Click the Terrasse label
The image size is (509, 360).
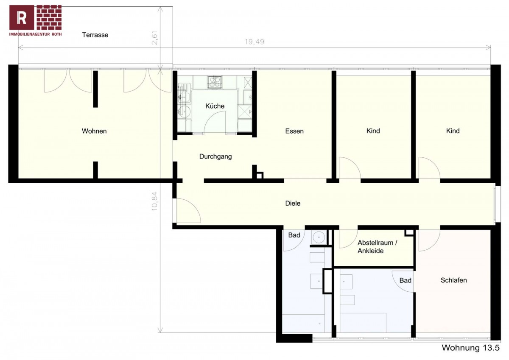point(95,35)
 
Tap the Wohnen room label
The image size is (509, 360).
point(94,131)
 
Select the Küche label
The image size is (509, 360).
point(215,106)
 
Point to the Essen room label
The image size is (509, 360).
point(294,131)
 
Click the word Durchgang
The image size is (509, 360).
point(215,157)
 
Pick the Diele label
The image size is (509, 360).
point(293,203)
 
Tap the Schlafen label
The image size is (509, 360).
point(453,280)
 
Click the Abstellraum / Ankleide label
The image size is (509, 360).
point(377,247)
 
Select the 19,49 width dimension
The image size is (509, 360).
point(254,42)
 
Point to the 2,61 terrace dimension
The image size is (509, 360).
point(154,38)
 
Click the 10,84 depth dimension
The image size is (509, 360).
point(154,201)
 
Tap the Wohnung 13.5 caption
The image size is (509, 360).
point(470,348)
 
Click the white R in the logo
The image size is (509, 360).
point(22,18)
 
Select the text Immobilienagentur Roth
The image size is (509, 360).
point(35,34)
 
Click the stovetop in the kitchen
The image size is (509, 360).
point(214,82)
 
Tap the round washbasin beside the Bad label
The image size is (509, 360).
point(319,237)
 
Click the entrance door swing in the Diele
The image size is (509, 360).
point(193,206)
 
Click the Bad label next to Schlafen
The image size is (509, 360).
point(406,281)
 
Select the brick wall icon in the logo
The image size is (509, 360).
point(49,17)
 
